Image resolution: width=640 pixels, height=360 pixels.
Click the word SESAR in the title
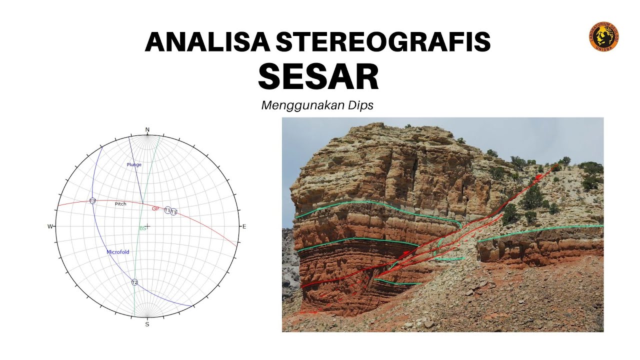pos(318,76)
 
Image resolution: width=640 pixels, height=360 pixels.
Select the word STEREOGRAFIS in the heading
pos(382,42)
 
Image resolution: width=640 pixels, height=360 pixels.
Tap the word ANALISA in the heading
pos(206,42)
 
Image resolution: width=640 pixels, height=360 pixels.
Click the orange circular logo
pos(603,36)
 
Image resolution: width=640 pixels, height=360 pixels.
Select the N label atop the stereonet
pos(147,130)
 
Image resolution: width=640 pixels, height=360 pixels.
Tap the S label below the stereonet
pos(147,324)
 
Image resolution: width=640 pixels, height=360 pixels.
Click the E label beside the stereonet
pos(244,226)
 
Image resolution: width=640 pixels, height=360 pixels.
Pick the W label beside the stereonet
pos(50,226)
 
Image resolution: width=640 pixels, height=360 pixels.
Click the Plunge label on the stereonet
pos(134,164)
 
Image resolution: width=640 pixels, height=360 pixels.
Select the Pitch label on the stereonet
pos(120,204)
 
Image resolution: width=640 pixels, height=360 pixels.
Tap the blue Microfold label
pos(118,252)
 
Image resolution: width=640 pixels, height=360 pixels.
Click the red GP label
pos(155,208)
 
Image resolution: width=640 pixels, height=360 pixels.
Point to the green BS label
pos(142,228)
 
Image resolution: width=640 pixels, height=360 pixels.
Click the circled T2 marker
pos(134,282)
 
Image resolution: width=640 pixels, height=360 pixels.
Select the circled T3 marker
pos(92,200)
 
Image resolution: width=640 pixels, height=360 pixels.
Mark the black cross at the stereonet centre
pos(147,226)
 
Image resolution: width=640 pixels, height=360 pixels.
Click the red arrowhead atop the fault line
pos(538,176)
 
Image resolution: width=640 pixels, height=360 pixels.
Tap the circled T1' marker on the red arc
pos(174,212)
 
